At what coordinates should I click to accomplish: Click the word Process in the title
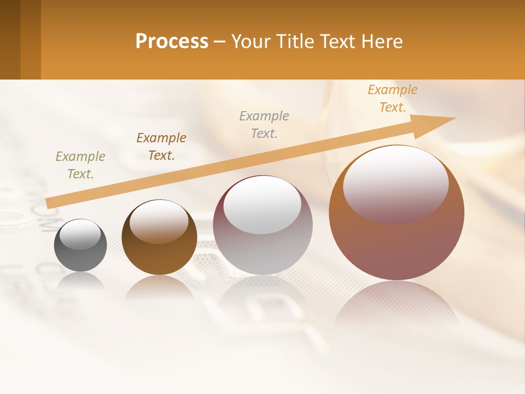click(x=172, y=41)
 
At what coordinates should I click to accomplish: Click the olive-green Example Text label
click(x=80, y=165)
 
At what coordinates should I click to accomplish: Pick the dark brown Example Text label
click(x=161, y=146)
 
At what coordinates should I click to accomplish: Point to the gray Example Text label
click(x=264, y=124)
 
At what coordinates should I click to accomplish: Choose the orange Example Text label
click(x=393, y=99)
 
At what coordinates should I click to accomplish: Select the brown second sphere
click(x=159, y=257)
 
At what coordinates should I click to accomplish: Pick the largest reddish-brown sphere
click(x=396, y=246)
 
